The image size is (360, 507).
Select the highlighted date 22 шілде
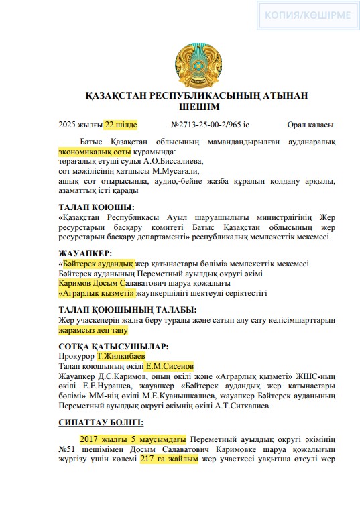(121, 125)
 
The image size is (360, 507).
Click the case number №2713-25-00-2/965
(210, 125)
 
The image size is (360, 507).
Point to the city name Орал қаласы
(310, 125)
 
